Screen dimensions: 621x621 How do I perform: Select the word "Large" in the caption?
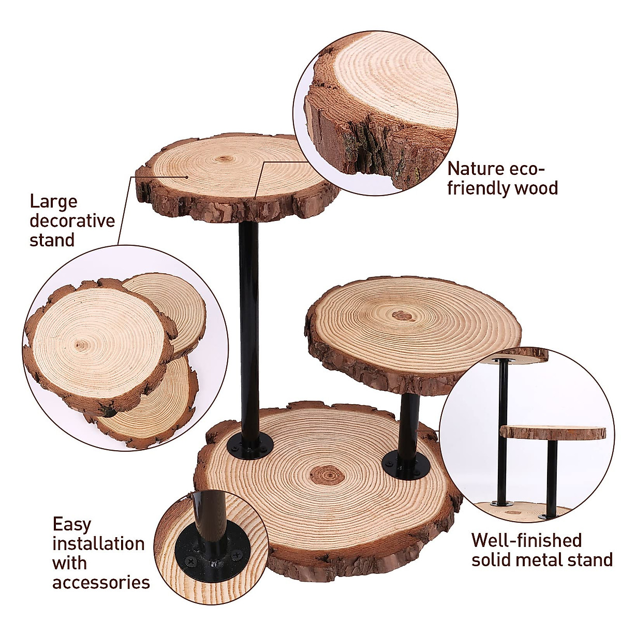53,201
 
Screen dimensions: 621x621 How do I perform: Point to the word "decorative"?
72,221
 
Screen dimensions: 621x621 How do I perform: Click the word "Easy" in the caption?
71,524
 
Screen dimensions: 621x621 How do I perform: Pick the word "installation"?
98,544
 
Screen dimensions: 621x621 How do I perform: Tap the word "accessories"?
101,583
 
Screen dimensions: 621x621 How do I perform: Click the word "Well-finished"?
527,540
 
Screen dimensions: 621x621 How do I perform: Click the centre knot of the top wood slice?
224,159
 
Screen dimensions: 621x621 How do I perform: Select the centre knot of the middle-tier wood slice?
401,315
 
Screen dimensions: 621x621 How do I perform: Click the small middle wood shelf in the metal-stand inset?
552,432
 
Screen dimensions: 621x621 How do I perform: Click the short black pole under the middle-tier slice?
409,424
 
